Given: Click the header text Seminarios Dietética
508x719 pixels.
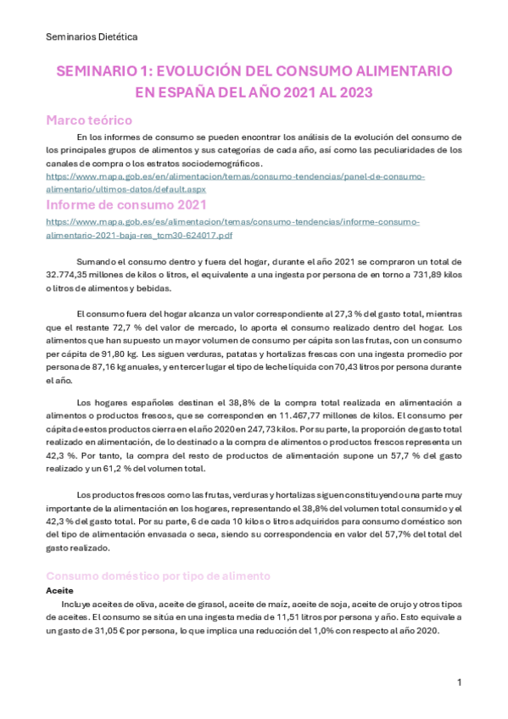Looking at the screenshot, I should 92,36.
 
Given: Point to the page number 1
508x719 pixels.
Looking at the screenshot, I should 459,683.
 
